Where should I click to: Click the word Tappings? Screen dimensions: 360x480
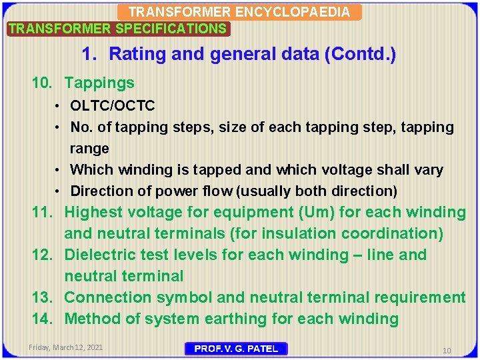(99, 83)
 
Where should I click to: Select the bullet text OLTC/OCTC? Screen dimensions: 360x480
(113, 105)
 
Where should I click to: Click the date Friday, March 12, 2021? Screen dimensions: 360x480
(66, 347)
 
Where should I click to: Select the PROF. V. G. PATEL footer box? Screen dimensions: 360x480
(235, 349)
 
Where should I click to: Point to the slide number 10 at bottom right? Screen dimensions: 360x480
(447, 350)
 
